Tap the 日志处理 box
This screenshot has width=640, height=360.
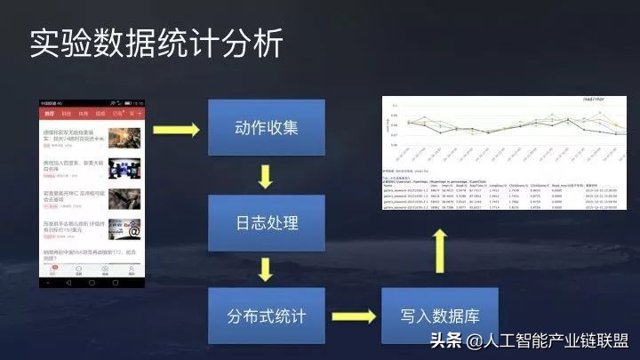pyautogui.click(x=264, y=221)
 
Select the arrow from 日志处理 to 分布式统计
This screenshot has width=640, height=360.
pyautogui.click(x=264, y=268)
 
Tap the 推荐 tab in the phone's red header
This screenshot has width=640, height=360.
pyautogui.click(x=50, y=115)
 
